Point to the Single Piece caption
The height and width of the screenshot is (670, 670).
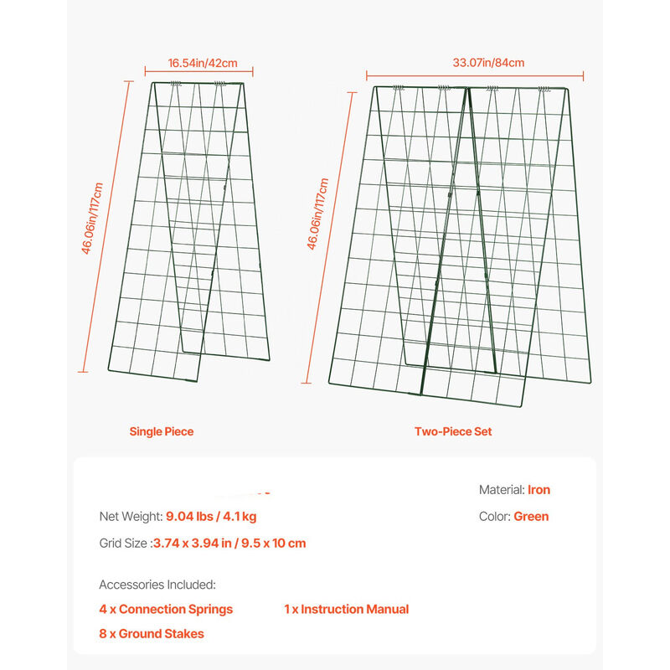[161, 432]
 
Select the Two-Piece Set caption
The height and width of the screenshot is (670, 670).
[453, 432]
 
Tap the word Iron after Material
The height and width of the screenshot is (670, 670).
[539, 490]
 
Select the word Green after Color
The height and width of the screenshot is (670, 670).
[531, 517]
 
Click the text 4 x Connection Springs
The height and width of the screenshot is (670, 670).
[166, 610]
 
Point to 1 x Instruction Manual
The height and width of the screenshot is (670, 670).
[346, 610]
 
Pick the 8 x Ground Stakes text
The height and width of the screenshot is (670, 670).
[151, 634]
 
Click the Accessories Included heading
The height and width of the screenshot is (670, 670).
[157, 585]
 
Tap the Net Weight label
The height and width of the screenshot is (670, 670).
[131, 517]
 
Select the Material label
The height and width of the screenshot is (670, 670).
[502, 490]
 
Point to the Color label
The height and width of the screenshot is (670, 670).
[494, 517]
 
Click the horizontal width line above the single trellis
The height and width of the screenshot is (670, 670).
[198, 74]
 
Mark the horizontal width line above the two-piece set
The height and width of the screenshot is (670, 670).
[476, 75]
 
